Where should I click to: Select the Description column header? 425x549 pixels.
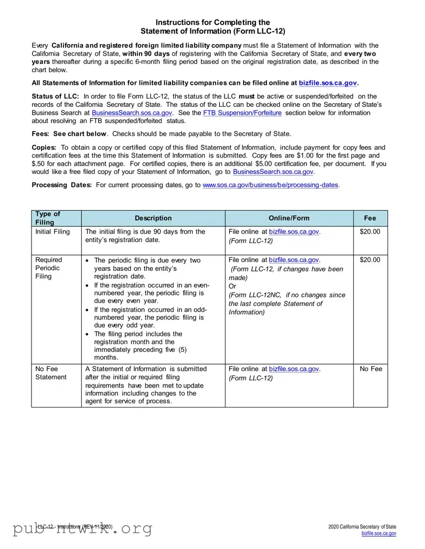(x=153, y=218)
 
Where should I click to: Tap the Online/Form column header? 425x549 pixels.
(x=289, y=218)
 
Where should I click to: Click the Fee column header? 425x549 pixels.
(x=370, y=218)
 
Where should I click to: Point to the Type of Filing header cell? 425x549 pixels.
(x=48, y=218)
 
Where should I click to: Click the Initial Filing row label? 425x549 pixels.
(x=52, y=232)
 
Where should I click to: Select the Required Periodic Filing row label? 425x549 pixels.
(x=49, y=268)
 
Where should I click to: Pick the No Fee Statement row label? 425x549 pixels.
(x=51, y=373)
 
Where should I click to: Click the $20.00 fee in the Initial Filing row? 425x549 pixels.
(x=370, y=232)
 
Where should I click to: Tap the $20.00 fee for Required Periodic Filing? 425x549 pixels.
(x=370, y=260)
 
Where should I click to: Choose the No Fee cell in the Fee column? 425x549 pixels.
(x=370, y=369)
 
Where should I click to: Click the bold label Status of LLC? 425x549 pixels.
(x=56, y=96)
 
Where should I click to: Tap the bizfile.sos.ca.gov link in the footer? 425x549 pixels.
(x=379, y=533)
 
